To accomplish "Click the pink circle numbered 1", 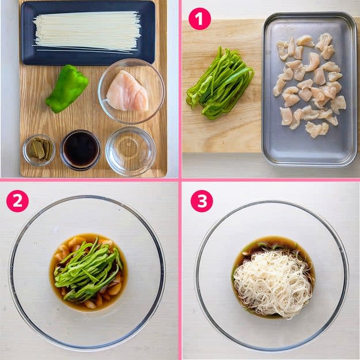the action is (200, 19).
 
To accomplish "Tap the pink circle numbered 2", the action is (17, 201).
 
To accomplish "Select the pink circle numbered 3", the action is (202, 201).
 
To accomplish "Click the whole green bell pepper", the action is (67, 89).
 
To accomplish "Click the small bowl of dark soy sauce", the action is (81, 150).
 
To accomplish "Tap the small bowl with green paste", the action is (39, 150).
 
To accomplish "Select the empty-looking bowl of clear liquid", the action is (131, 151).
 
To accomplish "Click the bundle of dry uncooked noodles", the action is (87, 32).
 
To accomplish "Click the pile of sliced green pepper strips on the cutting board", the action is (220, 83).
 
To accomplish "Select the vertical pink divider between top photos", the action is (180, 89).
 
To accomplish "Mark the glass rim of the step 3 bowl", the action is (272, 202).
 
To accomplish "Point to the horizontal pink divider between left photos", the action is (89, 180).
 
